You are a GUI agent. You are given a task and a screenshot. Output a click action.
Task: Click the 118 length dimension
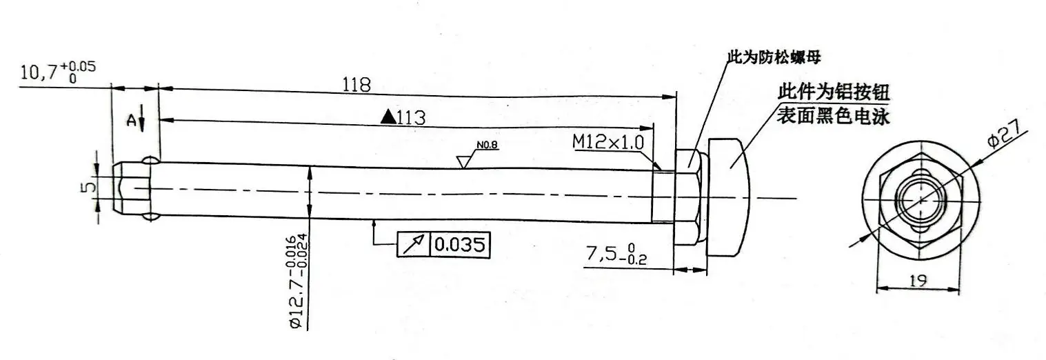tap(357, 85)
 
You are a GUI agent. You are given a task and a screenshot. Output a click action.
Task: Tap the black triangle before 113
tap(388, 117)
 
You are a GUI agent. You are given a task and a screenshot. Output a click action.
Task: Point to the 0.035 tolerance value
tap(460, 244)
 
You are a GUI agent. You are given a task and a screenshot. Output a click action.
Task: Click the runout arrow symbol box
tap(414, 244)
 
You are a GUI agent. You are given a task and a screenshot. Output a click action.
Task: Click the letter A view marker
tap(130, 120)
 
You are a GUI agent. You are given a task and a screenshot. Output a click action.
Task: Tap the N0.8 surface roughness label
tap(487, 146)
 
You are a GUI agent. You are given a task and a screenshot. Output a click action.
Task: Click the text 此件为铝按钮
tap(833, 92)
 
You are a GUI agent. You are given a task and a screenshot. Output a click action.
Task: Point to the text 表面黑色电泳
tap(833, 117)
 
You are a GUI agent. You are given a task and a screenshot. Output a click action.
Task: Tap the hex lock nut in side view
tap(689, 197)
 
